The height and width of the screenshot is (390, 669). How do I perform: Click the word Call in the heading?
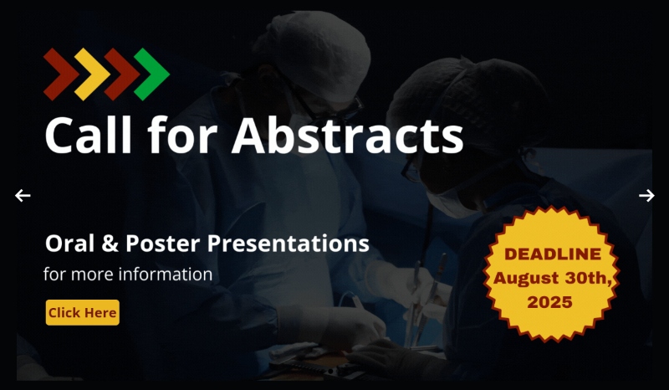pos(89,135)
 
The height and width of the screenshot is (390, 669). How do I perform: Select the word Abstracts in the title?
pos(347,135)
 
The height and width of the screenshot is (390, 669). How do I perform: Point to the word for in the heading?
pos(182,135)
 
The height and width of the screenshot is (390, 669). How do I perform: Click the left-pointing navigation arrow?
pos(23,196)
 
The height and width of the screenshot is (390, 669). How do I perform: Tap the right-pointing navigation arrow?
pos(646,196)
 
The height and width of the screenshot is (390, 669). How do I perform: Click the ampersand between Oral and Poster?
pos(110,244)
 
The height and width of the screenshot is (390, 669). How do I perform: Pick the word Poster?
pos(162,244)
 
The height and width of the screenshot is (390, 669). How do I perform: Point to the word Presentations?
pos(288,244)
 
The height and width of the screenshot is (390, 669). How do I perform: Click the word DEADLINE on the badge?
pos(553,254)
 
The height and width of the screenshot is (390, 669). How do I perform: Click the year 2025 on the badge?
pos(549,302)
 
